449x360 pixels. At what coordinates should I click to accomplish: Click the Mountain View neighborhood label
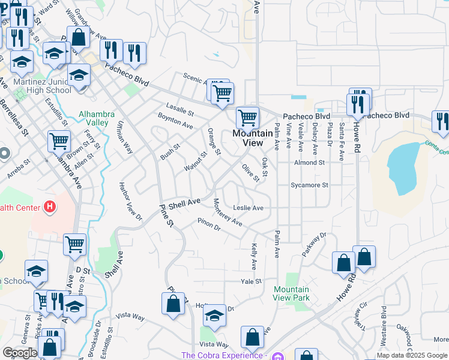(247, 138)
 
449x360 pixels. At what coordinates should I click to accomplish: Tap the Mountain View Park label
(291, 293)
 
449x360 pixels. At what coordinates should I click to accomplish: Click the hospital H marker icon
(50, 208)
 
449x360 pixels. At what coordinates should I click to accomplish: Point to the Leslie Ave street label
(249, 208)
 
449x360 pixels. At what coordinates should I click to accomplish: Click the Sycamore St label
(309, 185)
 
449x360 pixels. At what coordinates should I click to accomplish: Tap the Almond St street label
(309, 162)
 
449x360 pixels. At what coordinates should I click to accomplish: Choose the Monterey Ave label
(228, 212)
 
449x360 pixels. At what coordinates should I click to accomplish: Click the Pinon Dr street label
(209, 225)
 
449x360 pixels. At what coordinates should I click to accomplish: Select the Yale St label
(252, 281)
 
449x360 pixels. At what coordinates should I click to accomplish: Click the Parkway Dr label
(314, 245)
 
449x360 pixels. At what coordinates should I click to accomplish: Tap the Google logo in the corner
(19, 353)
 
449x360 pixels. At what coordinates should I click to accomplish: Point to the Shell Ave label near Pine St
(184, 204)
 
